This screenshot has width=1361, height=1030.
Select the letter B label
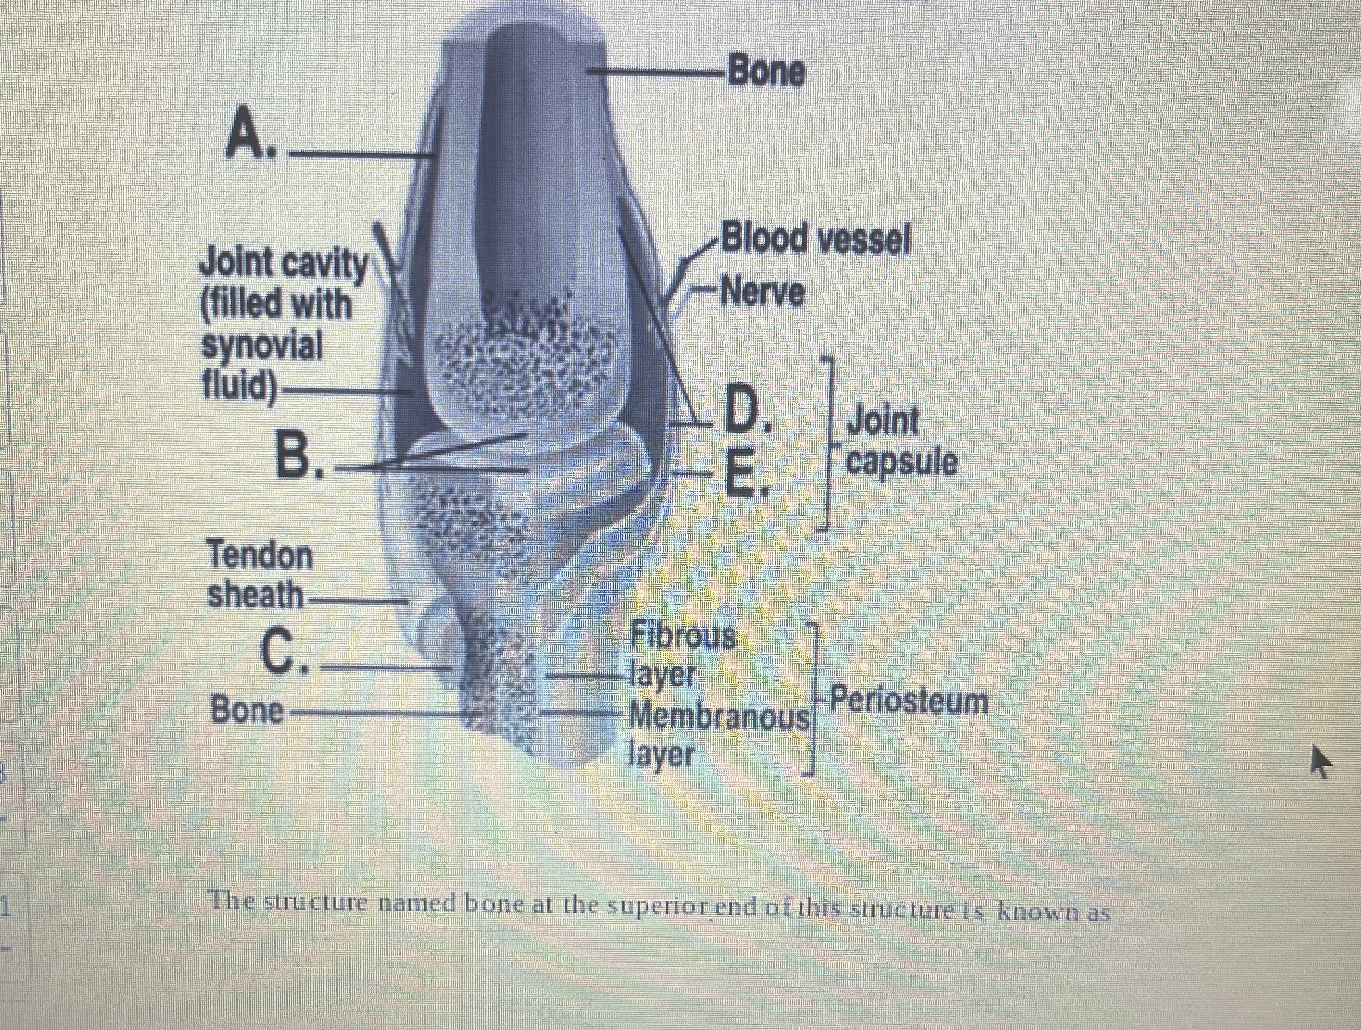click(299, 454)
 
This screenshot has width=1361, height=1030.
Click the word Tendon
click(260, 556)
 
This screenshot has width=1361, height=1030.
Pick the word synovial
click(262, 346)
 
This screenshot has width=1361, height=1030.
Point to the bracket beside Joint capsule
click(828, 442)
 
